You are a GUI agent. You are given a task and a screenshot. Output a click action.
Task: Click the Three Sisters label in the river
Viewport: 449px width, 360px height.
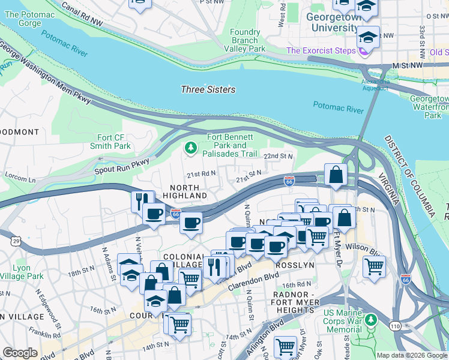208,89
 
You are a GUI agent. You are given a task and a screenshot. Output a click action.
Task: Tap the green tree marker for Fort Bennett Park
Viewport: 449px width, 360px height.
191,148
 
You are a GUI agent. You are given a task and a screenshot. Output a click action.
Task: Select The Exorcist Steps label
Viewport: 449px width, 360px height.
321,50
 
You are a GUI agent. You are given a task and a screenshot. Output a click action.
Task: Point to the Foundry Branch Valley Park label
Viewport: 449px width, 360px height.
248,40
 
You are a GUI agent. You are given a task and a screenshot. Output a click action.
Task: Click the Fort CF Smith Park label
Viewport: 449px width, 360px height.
110,141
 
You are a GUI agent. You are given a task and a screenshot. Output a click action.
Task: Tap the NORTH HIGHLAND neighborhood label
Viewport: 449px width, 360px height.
179,191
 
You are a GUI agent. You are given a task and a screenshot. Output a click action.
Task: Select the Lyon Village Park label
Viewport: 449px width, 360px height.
22,272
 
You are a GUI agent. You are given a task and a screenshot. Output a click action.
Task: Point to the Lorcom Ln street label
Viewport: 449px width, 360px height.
20,179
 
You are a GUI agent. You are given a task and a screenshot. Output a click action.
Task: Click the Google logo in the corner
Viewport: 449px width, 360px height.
20,353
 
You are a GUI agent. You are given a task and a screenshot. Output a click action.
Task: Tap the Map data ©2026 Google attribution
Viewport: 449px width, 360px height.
412,355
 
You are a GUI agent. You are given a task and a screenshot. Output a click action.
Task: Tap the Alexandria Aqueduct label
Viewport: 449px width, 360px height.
376,85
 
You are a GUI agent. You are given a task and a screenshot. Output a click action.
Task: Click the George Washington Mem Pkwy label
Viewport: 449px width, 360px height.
45,73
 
